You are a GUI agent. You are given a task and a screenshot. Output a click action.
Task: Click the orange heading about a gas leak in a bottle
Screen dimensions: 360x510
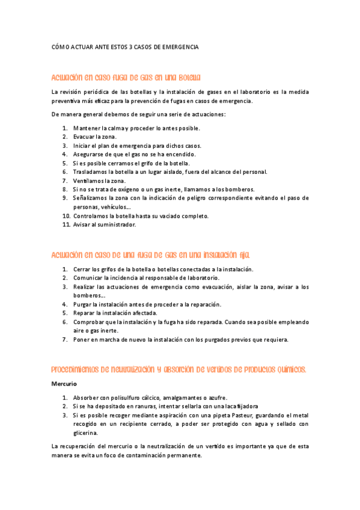pyautogui.click(x=126, y=78)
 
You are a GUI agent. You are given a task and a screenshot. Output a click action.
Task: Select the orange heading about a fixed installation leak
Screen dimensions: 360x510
pyautogui.click(x=150, y=254)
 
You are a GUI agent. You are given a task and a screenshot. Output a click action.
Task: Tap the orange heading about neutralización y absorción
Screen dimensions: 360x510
pyautogui.click(x=178, y=369)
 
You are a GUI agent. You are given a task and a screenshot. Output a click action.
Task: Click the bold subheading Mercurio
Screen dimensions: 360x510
pyautogui.click(x=64, y=383)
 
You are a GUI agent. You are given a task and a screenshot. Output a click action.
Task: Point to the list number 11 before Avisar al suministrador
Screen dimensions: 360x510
pyautogui.click(x=66, y=225)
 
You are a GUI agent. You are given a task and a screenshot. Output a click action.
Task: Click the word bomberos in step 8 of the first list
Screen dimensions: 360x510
pyautogui.click(x=240, y=189)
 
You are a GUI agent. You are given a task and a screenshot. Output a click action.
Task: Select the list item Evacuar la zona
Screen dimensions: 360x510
pyautogui.click(x=95, y=137)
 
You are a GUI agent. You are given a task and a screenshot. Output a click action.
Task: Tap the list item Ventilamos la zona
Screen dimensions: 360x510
pyautogui.click(x=99, y=180)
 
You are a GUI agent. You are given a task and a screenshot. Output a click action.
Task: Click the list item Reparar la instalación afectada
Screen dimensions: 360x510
pyautogui.click(x=115, y=313)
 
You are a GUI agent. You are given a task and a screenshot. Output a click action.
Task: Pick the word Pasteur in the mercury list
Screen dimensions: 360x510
pyautogui.click(x=220, y=416)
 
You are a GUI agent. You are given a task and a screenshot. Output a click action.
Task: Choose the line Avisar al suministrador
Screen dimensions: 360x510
pyautogui.click(x=105, y=225)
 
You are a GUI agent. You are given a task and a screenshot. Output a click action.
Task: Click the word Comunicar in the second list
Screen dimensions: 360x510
pyautogui.click(x=88, y=278)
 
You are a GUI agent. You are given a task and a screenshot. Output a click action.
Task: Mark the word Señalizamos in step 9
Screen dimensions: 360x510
pyautogui.click(x=91, y=198)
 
